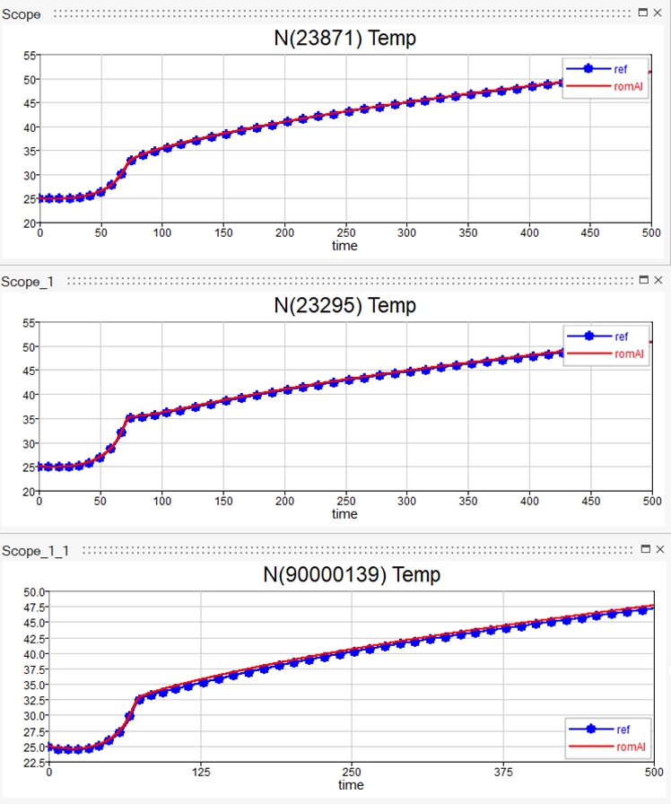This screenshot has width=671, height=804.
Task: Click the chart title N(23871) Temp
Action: (x=344, y=39)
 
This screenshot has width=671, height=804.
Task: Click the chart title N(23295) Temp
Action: (x=344, y=306)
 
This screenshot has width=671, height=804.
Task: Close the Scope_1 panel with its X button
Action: (x=658, y=281)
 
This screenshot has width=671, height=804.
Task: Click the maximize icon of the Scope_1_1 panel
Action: (x=643, y=548)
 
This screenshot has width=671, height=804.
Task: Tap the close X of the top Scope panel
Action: (x=658, y=13)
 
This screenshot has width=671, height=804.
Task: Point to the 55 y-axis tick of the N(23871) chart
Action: (x=29, y=56)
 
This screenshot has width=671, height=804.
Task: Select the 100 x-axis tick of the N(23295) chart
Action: (x=162, y=501)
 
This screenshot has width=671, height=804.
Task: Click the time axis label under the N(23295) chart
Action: (x=344, y=514)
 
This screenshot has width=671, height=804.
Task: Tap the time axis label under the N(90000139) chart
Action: (x=351, y=785)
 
